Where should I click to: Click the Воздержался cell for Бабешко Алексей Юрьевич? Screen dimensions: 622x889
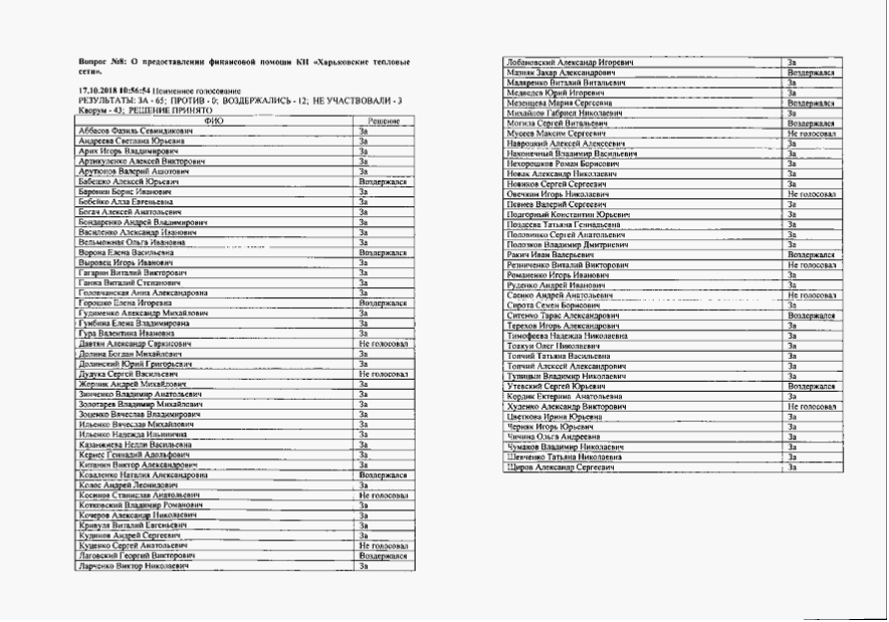(381, 181)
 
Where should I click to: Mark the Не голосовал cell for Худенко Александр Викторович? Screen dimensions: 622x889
(811, 407)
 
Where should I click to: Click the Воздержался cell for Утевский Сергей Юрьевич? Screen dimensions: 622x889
(810, 386)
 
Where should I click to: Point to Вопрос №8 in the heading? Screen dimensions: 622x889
(102, 63)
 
